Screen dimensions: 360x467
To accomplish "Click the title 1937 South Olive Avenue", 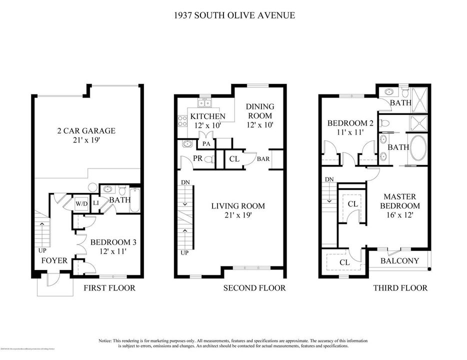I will (x=233, y=15).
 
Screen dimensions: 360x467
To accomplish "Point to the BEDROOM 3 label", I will (x=113, y=242).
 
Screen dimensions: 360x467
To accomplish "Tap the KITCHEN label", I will (x=208, y=116).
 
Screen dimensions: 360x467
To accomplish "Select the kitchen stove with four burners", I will (x=182, y=120).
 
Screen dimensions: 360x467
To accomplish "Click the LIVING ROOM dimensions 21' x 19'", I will (x=237, y=215).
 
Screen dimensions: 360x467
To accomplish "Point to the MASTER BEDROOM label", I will (x=400, y=201).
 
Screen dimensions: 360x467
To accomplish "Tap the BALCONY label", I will (x=396, y=260).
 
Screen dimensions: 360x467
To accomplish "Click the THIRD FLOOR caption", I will (x=400, y=287).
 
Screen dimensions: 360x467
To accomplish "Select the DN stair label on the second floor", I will (x=185, y=181).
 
